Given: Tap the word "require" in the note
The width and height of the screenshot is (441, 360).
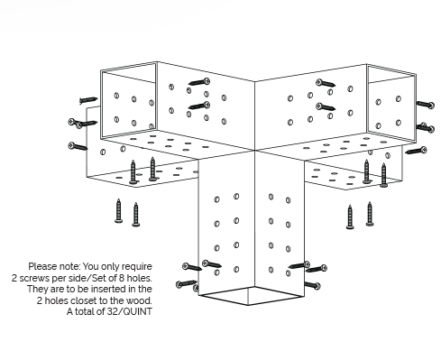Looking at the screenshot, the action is point(137,267).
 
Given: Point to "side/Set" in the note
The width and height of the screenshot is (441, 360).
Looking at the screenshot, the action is point(85,278).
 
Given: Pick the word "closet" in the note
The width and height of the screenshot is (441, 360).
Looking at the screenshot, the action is point(96,300).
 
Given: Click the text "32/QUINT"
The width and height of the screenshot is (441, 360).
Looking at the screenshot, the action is point(130,311).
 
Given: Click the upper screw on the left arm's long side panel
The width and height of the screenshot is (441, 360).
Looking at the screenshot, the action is point(199,82).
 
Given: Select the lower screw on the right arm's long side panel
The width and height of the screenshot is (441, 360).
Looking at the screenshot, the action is point(326,106).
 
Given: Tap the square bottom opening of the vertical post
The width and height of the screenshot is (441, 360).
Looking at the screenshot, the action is point(252,296).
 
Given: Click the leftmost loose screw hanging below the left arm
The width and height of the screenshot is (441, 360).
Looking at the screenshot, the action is point(118,211).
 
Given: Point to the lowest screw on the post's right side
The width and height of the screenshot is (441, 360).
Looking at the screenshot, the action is point(313,285).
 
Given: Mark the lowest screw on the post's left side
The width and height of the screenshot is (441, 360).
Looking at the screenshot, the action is point(187,284).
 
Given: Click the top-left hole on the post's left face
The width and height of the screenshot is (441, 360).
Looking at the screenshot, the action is point(216,199).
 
